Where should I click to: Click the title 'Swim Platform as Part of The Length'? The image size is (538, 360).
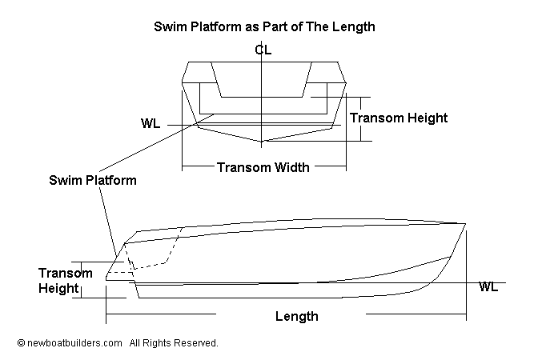264,26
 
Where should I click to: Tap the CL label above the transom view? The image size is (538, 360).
263,50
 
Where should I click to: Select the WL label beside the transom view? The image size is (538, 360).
150,124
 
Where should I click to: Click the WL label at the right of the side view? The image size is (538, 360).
488,286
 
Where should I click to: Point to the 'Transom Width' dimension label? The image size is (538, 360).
263,168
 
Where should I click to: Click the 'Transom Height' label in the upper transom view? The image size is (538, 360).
399,118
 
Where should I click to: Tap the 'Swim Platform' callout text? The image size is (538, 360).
93,180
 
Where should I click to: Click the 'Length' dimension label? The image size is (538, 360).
296,316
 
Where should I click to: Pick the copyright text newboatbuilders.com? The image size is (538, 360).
74,342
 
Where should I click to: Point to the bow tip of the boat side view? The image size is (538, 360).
465,223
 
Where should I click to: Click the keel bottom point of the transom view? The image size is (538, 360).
262,142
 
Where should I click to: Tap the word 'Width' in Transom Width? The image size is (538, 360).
291,168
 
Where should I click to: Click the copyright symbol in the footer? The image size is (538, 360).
21,343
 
